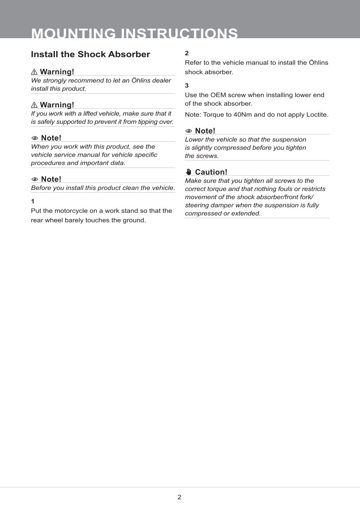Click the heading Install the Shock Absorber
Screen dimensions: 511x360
91,55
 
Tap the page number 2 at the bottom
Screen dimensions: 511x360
179,497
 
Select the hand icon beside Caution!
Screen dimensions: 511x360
189,172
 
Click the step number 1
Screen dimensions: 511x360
33,201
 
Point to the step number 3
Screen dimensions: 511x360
187,85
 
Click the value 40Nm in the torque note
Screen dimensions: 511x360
243,115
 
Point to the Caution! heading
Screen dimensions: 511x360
211,172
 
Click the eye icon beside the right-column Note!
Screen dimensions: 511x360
189,131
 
